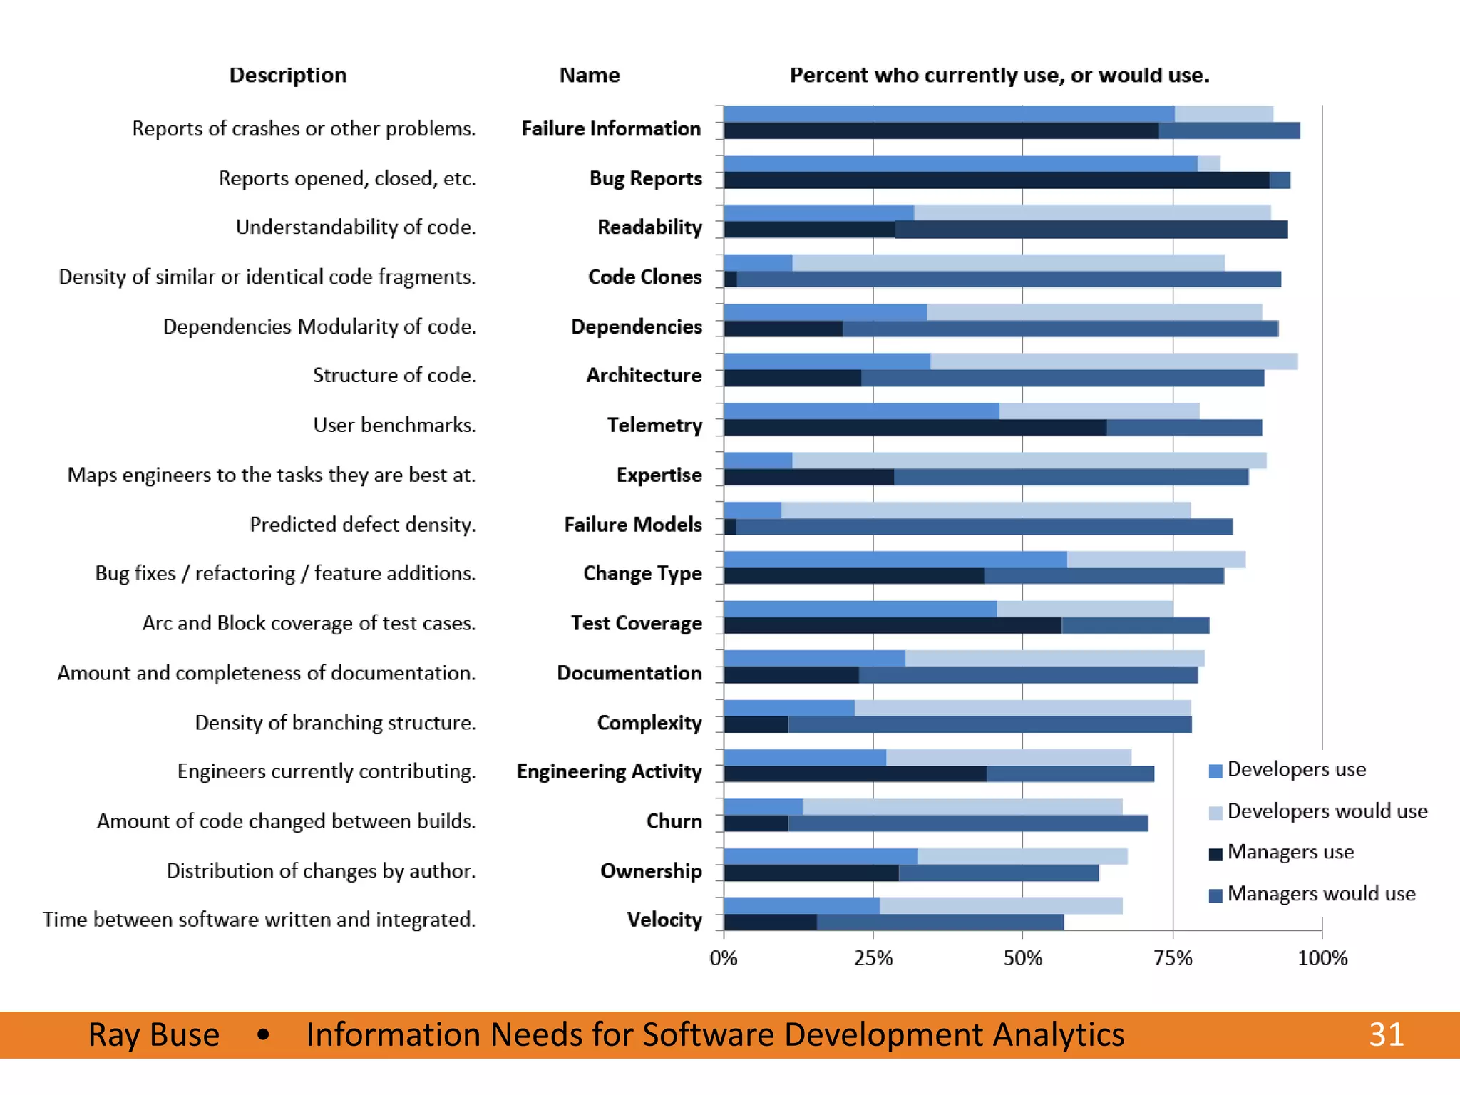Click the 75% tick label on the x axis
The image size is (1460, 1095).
coord(1173,958)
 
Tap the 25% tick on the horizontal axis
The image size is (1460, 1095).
coord(873,958)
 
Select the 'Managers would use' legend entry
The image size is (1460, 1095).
coord(1321,894)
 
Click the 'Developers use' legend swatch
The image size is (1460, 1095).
coord(1216,771)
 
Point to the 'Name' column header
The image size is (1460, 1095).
coord(589,75)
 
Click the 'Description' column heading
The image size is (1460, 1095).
coord(288,75)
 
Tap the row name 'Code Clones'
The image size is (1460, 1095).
coord(644,277)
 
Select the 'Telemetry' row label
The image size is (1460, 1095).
coord(654,425)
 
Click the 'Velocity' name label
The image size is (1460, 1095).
coord(664,920)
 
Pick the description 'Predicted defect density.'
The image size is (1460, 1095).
coord(363,525)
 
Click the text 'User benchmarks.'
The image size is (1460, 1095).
coord(394,425)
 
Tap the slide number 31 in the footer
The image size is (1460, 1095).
coord(1386,1034)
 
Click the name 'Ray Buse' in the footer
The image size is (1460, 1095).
coord(154,1034)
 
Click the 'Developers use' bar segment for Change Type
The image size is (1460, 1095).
coord(895,560)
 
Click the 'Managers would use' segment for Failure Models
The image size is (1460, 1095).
coord(984,527)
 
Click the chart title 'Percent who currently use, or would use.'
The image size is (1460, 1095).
coord(999,75)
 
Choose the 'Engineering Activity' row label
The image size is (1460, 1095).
coord(609,771)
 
